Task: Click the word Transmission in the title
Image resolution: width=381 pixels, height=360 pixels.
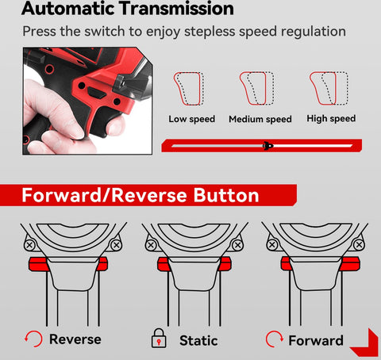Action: coord(176,9)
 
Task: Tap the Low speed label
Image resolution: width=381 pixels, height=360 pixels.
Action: coord(192,119)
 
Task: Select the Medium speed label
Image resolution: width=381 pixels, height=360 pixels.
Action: coord(260,119)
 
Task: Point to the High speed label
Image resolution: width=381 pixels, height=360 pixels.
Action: coord(331,119)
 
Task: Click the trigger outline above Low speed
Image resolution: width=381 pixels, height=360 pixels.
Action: coord(189,89)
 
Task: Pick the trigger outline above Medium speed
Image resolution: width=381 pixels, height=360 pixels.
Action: coord(256,88)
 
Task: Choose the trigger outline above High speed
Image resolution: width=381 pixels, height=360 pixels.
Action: coord(329,88)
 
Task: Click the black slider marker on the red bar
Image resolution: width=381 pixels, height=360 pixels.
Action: coord(268,146)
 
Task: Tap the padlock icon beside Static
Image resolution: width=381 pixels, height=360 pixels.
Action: coord(159,338)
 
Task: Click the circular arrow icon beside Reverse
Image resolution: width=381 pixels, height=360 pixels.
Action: coord(33,339)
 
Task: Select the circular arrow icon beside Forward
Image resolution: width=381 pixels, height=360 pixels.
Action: coord(274,339)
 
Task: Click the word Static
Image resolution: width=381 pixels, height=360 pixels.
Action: coord(198,340)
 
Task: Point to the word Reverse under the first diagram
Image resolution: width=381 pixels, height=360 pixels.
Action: coord(75,339)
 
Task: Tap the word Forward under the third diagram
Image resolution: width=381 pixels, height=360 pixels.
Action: coord(316,340)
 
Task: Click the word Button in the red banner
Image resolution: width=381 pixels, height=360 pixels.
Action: coord(226,195)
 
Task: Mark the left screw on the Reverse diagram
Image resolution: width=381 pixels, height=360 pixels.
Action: coord(29,245)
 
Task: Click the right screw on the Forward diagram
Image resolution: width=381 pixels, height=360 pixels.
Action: coord(359,245)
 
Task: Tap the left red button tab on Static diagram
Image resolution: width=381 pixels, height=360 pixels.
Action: coord(164,264)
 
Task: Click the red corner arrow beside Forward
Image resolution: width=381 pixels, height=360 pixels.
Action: coord(365,343)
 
